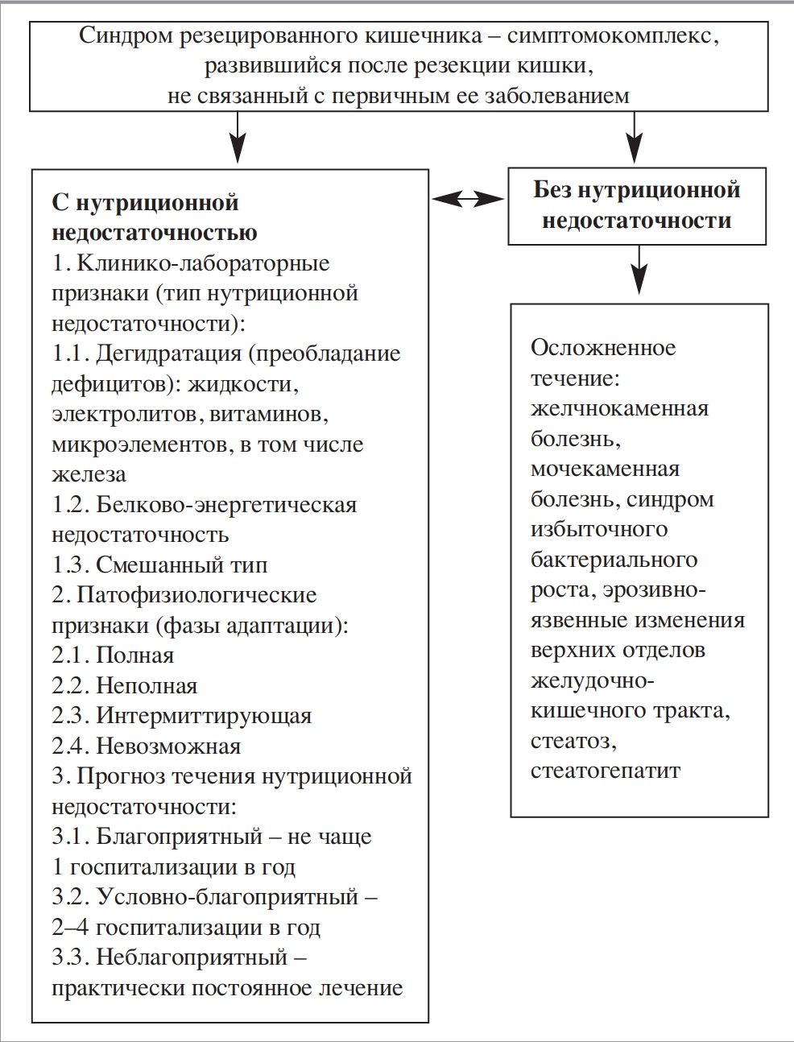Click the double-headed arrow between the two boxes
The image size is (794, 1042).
pyautogui.click(x=467, y=198)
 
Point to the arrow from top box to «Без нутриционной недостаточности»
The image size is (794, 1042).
pyautogui.click(x=636, y=139)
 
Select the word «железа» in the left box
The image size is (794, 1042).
pyautogui.click(x=89, y=474)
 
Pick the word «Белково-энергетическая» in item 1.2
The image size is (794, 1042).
pyautogui.click(x=226, y=505)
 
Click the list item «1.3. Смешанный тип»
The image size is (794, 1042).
pyautogui.click(x=159, y=564)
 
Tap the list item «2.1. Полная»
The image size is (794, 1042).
pyautogui.click(x=113, y=655)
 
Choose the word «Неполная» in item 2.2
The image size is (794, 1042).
pyautogui.click(x=147, y=686)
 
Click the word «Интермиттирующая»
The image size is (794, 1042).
pyautogui.click(x=204, y=716)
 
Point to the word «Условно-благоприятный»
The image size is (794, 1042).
pyautogui.click(x=227, y=897)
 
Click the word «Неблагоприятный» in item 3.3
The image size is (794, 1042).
pyautogui.click(x=192, y=957)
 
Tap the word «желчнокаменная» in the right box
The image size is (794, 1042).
pyautogui.click(x=619, y=408)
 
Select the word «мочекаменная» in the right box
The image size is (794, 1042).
pyautogui.click(x=605, y=469)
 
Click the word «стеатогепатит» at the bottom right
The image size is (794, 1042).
pyautogui.click(x=606, y=771)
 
